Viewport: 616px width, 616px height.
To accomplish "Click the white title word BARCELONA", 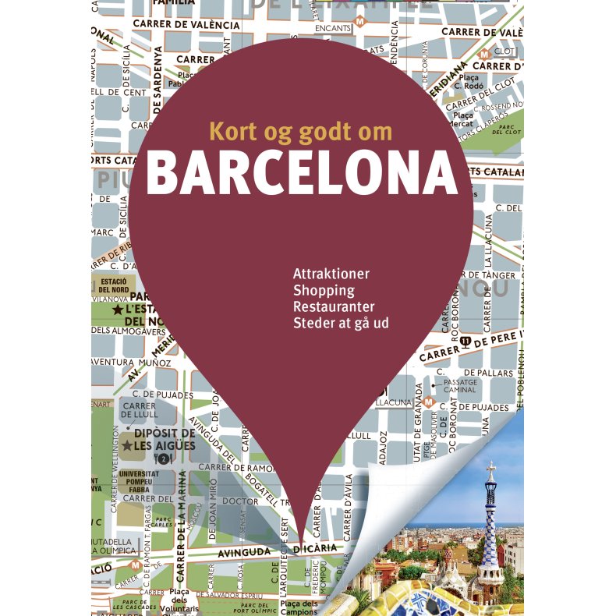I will [x=302, y=174].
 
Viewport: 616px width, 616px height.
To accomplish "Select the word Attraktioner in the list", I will [x=331, y=274].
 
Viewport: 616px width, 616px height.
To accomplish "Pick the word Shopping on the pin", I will [x=324, y=291].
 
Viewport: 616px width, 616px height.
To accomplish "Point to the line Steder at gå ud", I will [x=341, y=323].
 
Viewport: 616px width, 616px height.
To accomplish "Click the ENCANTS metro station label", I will [x=333, y=29].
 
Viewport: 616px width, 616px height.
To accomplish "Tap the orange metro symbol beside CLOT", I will [x=484, y=54].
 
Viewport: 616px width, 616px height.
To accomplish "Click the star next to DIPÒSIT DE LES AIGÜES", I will [x=126, y=446].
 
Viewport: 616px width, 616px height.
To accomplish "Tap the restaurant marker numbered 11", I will [x=465, y=341].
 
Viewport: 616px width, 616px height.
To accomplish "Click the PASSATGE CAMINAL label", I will [x=460, y=386].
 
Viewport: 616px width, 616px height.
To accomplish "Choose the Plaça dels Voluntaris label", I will [x=185, y=598].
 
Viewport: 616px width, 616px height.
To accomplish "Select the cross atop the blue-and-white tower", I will [x=490, y=466].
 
